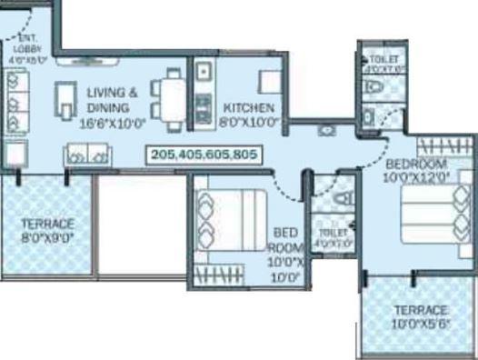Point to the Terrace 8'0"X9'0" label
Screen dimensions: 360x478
coord(47,228)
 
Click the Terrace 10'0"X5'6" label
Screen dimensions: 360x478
coord(419,316)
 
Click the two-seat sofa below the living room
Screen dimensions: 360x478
coord(86,156)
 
